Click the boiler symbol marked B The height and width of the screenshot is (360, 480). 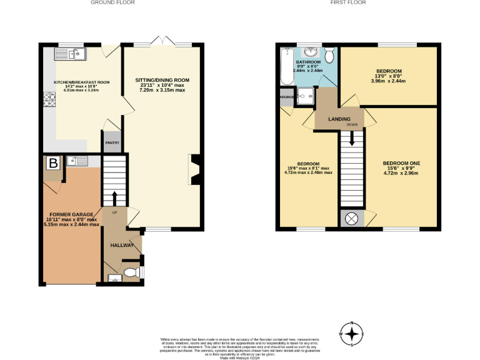click(x=54, y=163)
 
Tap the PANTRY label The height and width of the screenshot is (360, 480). click(x=112, y=142)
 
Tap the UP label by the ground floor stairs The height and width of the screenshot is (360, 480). click(x=114, y=213)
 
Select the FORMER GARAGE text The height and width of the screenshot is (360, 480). click(x=70, y=214)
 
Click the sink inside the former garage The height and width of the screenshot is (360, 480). click(x=79, y=162)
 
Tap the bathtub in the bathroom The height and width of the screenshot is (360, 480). click(x=287, y=66)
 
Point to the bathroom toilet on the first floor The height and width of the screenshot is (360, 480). click(x=329, y=52)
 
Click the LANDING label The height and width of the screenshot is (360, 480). click(x=339, y=119)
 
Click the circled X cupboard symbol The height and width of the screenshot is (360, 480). click(x=351, y=219)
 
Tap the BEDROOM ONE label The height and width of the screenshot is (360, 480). click(x=401, y=163)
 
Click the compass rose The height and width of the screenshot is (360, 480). click(x=353, y=333)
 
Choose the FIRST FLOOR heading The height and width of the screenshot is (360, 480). click(x=349, y=2)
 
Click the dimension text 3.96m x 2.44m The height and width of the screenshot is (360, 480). click(x=388, y=81)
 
